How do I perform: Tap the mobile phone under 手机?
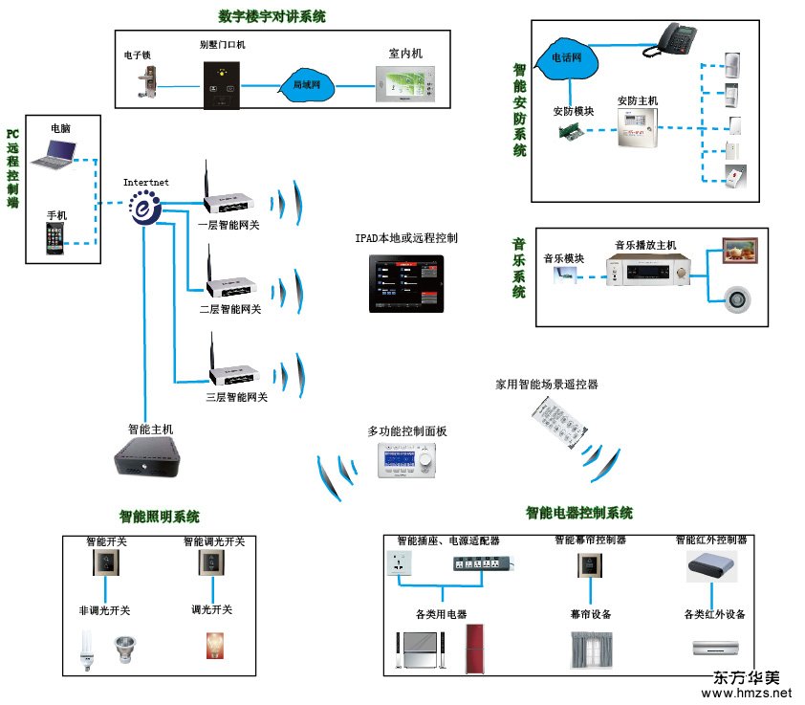tap(57, 240)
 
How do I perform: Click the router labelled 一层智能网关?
tap(227, 202)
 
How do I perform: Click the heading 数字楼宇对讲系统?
tap(272, 16)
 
